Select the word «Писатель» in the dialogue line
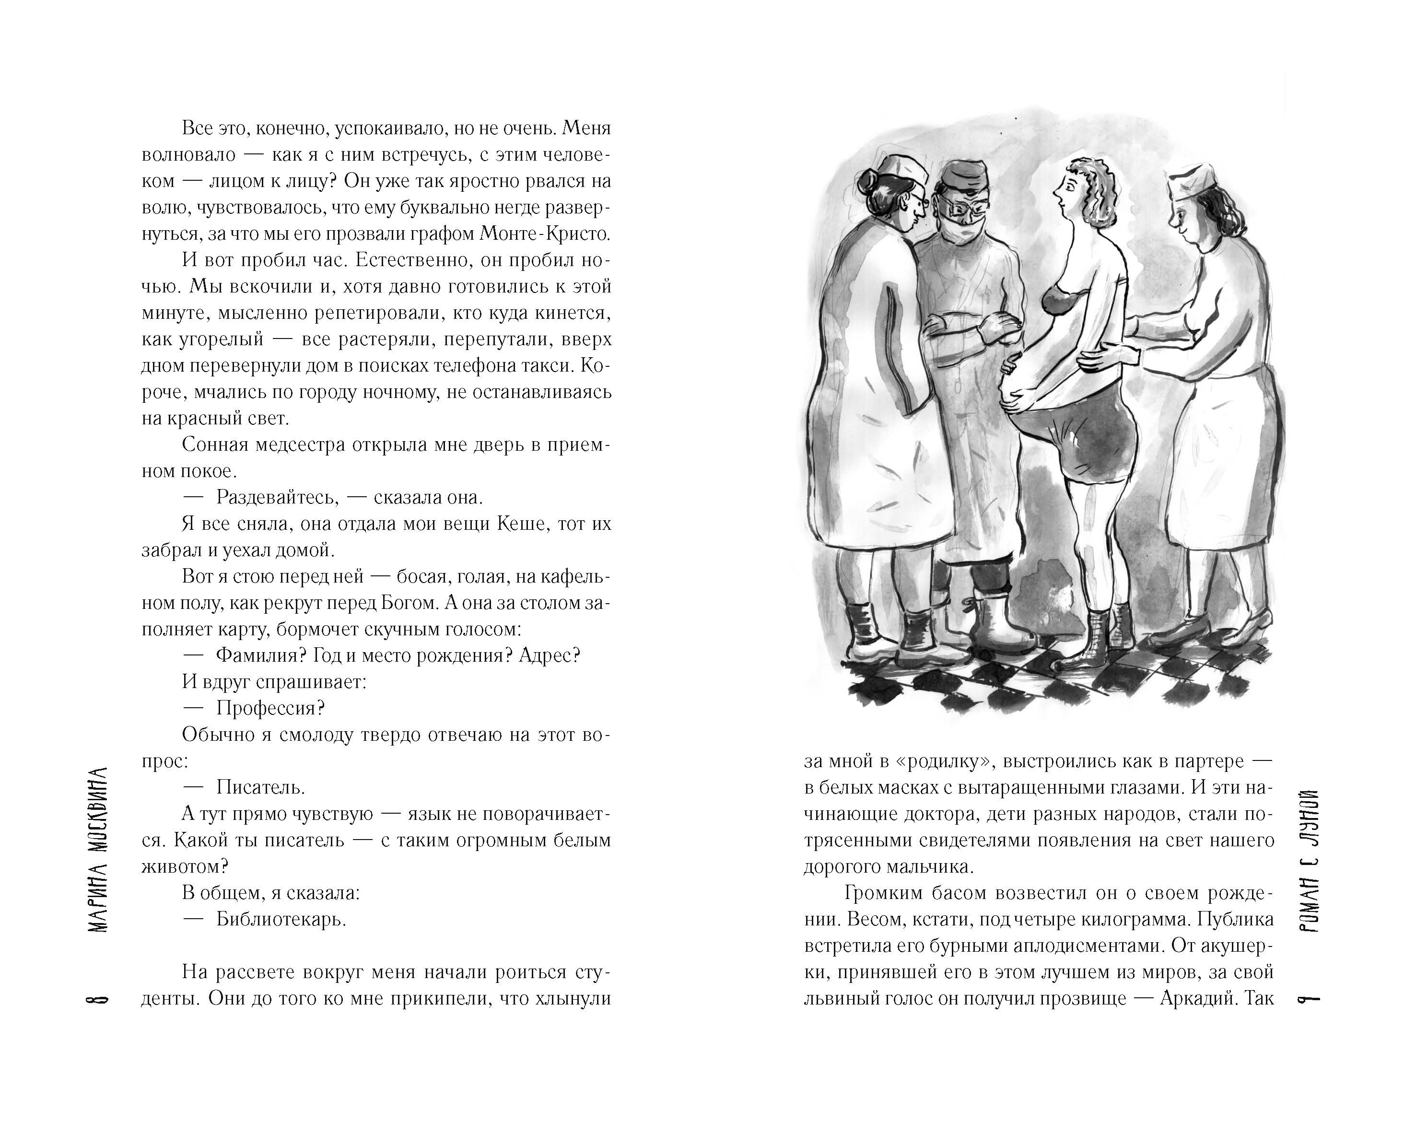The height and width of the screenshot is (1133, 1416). (261, 787)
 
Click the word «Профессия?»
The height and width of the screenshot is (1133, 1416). (270, 708)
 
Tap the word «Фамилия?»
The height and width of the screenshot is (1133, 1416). (261, 655)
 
